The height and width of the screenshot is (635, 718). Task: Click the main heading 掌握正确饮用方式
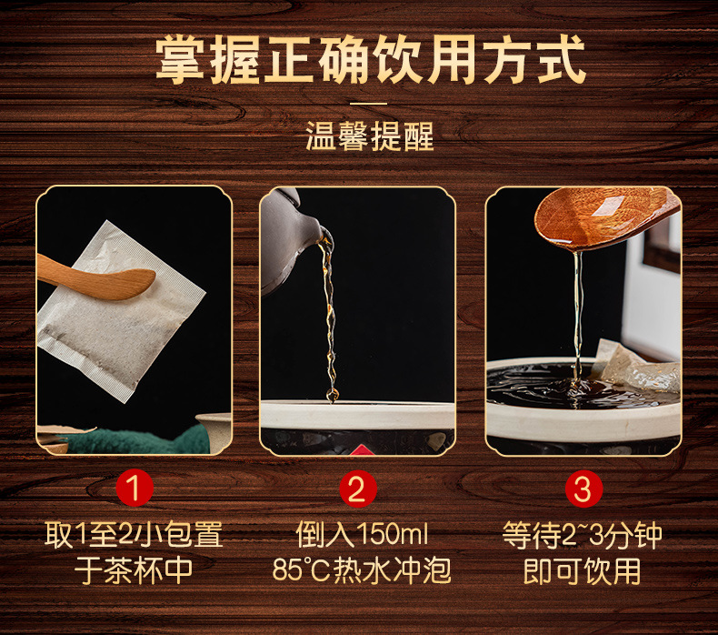[370, 59]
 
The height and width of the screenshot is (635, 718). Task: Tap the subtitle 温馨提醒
[370, 136]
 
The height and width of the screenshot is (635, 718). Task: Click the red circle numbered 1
[135, 488]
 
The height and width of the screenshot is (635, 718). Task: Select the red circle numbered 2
[357, 489]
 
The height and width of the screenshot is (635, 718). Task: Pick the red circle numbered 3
[583, 489]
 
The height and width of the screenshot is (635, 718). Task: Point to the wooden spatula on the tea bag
[96, 277]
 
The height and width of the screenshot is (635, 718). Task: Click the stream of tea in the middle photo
[330, 317]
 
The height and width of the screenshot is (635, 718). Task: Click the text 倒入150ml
[362, 535]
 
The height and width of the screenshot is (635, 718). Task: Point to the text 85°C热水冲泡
[362, 570]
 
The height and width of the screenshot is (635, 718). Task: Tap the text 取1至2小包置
[134, 535]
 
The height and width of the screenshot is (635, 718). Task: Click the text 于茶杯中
[134, 570]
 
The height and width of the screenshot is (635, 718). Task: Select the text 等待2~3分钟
[583, 535]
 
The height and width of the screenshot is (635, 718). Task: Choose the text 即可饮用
[583, 570]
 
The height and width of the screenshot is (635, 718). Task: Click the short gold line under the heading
[369, 104]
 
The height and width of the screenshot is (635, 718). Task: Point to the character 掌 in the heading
[181, 60]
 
